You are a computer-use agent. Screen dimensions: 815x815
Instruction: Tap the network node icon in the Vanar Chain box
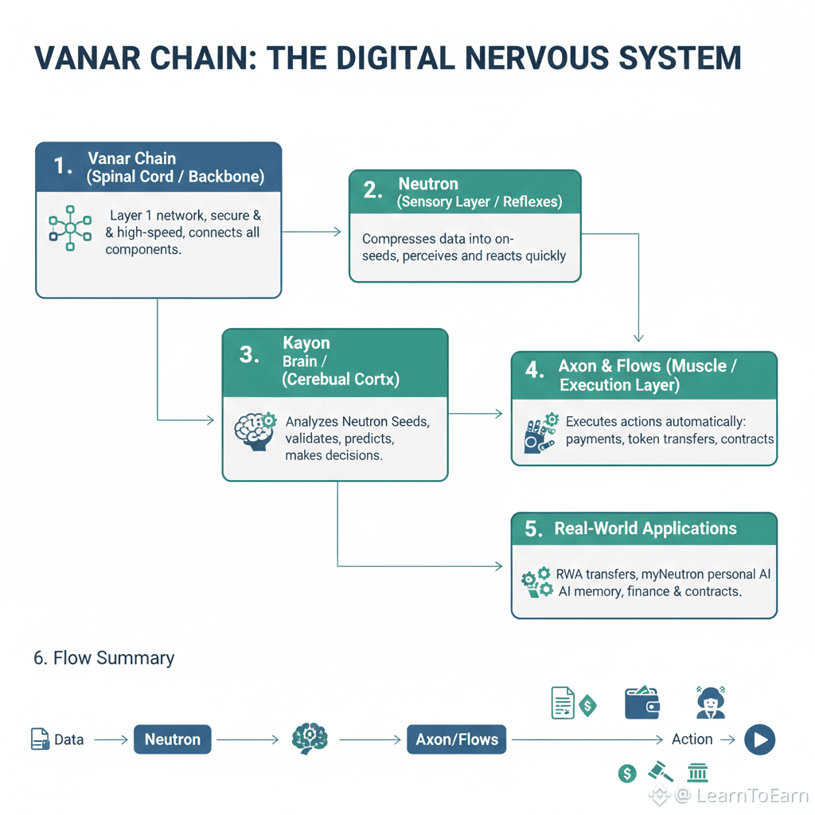pos(69,230)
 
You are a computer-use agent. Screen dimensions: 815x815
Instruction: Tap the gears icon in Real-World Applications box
pos(536,582)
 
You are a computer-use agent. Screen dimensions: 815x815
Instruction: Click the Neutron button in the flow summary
pos(172,739)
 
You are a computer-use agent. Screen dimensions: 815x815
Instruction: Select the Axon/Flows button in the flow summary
pos(457,739)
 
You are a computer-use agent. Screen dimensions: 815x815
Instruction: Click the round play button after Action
pos(759,740)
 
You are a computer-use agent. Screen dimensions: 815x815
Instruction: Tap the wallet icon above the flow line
pos(642,700)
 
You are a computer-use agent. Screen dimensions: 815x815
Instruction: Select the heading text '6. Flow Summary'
pos(103,658)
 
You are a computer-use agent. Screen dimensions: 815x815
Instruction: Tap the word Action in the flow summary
pos(692,739)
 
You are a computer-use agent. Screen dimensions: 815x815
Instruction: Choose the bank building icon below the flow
pos(697,771)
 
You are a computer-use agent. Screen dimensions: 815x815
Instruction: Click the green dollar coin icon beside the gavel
pos(627,772)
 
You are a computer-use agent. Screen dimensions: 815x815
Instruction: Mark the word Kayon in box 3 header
pos(306,343)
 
